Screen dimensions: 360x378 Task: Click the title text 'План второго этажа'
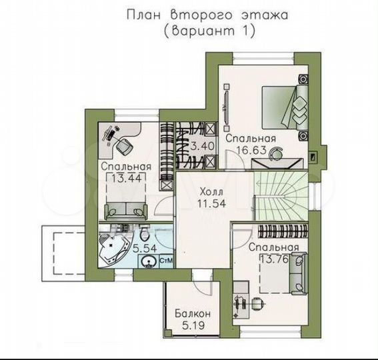205,15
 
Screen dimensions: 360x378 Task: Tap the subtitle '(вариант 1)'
205,31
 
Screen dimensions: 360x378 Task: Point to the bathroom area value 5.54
145,248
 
